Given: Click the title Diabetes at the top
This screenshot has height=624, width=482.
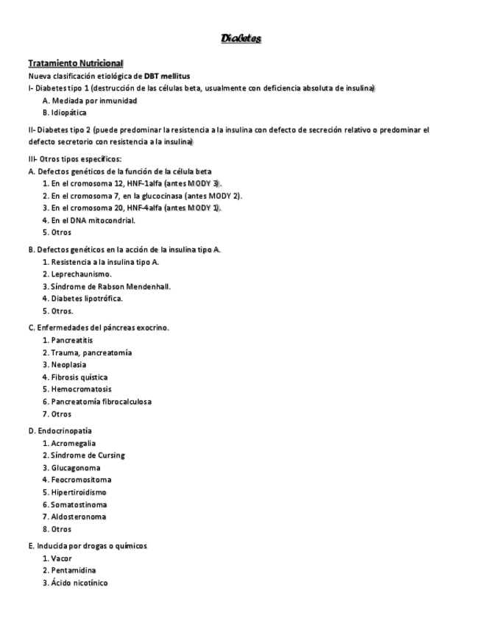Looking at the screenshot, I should tap(241, 38).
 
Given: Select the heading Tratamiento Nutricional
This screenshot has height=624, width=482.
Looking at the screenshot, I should tap(76, 63).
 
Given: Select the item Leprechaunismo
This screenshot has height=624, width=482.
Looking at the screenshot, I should tap(77, 273).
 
